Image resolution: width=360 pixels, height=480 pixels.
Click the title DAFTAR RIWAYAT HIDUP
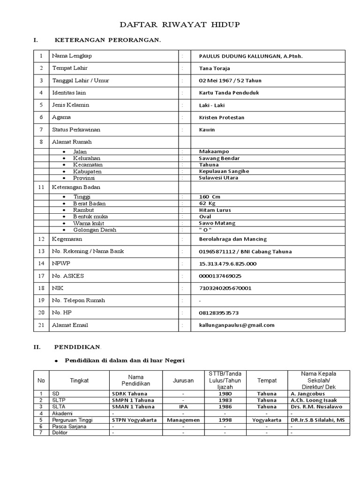tap(180, 25)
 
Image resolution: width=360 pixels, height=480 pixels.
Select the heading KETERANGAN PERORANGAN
tap(108, 40)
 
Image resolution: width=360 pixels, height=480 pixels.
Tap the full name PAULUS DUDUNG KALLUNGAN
tap(250, 56)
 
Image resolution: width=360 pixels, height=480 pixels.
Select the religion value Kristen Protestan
tap(221, 117)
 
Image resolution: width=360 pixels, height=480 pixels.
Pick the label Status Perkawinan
tap(76, 129)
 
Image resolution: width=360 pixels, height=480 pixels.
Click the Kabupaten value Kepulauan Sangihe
tap(224, 172)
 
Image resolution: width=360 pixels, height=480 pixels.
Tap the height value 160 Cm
tap(209, 197)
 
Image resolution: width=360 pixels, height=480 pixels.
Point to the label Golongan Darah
tap(94, 230)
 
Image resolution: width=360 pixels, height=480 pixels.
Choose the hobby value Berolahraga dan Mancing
tap(231, 239)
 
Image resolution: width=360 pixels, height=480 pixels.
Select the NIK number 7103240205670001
tap(225, 288)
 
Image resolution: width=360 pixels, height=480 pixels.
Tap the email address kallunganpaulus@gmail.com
tap(236, 325)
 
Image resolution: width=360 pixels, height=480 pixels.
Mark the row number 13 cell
tap(41, 251)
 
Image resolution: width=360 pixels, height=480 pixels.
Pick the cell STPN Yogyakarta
tap(134, 420)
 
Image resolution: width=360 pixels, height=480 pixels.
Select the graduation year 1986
tap(225, 407)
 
